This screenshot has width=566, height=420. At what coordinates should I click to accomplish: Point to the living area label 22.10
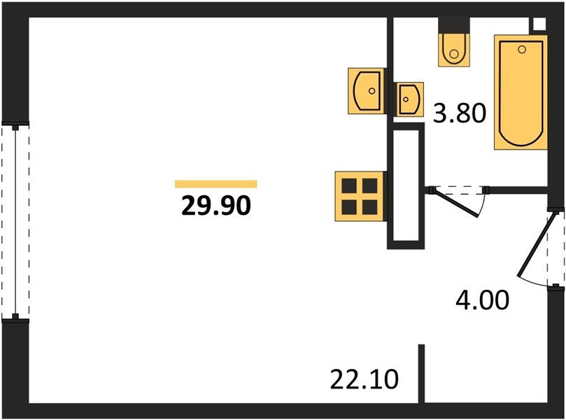[x=364, y=380]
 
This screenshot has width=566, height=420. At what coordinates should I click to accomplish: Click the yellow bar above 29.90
[x=215, y=184]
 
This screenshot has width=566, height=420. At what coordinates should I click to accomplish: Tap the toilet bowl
[x=453, y=49]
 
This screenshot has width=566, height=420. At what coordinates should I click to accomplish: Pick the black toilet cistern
[x=453, y=24]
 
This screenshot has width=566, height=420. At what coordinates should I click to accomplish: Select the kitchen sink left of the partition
[x=367, y=89]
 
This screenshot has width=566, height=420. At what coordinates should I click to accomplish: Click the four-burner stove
[x=359, y=196]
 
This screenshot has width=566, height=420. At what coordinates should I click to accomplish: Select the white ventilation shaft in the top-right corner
[x=539, y=23]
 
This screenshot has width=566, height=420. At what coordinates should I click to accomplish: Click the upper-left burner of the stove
[x=349, y=186]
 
